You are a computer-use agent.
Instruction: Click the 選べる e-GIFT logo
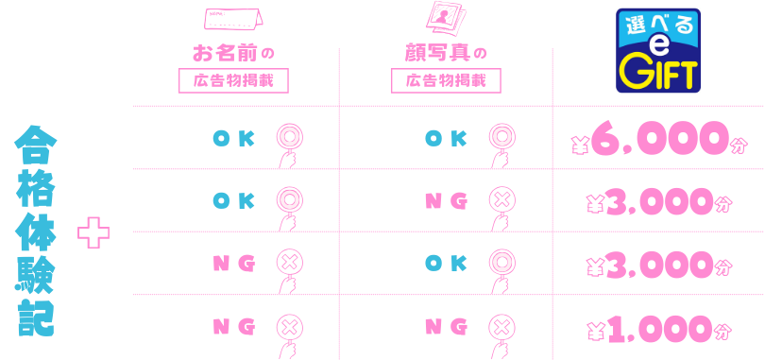click(658, 51)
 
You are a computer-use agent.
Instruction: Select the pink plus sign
click(93, 232)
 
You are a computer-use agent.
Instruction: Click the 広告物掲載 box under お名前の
click(233, 80)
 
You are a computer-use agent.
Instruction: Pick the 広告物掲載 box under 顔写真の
click(446, 80)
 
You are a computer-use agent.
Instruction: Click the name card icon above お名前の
click(233, 19)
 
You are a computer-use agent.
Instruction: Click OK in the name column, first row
click(233, 138)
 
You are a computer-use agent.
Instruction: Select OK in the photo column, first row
click(446, 138)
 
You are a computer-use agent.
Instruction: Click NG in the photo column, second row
click(446, 200)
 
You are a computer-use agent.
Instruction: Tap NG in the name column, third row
click(233, 264)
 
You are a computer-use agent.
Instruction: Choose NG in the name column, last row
click(233, 326)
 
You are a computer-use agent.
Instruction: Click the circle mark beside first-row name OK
click(289, 137)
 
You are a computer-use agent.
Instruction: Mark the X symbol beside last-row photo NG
click(501, 326)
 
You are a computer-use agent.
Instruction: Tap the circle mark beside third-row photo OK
click(501, 263)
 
